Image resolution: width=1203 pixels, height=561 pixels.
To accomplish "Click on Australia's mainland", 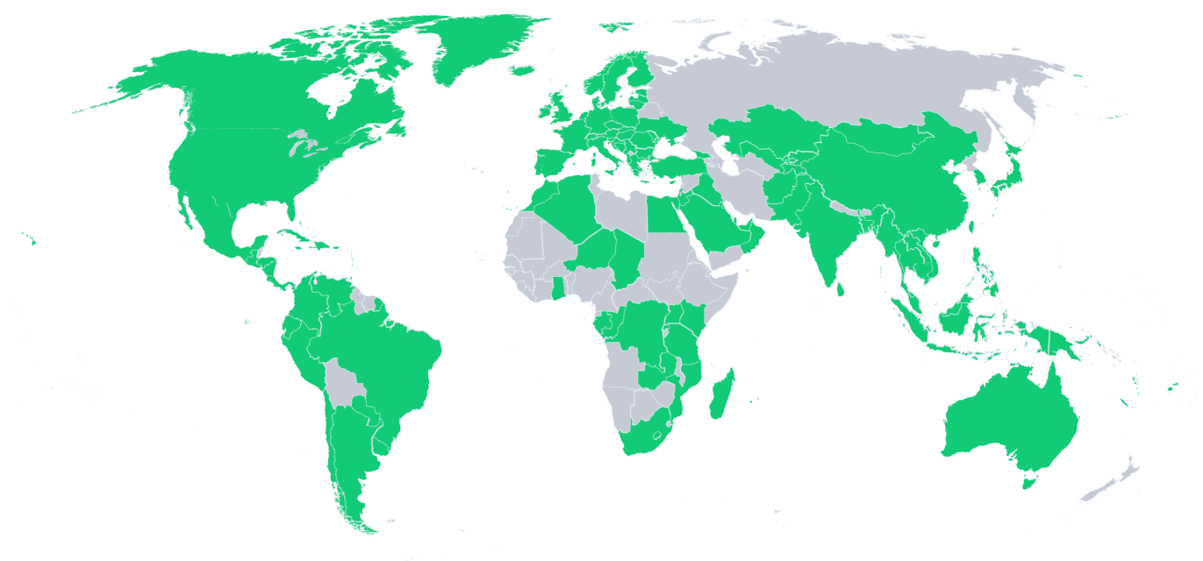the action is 1009,421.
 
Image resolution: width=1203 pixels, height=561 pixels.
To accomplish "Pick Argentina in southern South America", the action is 347,456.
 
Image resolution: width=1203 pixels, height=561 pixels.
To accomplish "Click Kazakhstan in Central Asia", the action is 763,131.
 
